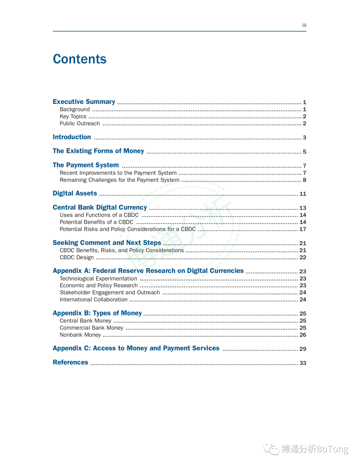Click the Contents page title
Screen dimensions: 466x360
click(x=80, y=59)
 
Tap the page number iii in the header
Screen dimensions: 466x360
click(x=304, y=25)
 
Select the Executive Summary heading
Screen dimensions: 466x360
click(x=84, y=102)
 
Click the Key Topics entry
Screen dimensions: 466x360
click(x=73, y=116)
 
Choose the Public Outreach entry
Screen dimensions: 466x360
click(x=80, y=123)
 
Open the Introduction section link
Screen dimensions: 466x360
click(x=72, y=137)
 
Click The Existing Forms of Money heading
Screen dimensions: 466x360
click(x=98, y=151)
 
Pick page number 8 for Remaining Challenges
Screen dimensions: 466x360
click(x=304, y=180)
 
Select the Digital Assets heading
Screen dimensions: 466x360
click(x=75, y=193)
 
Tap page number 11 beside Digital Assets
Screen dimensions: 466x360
click(x=303, y=194)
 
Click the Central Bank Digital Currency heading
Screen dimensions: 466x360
click(x=100, y=207)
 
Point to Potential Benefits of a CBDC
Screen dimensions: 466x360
click(x=96, y=222)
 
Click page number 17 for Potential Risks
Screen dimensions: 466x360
click(x=303, y=229)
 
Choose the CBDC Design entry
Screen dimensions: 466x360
click(x=77, y=257)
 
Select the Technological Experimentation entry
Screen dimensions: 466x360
click(x=98, y=278)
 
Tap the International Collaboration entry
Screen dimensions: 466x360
click(x=94, y=299)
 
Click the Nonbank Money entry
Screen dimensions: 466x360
click(x=80, y=335)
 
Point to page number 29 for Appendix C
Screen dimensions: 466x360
click(x=303, y=349)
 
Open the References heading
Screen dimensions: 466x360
click(x=70, y=362)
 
